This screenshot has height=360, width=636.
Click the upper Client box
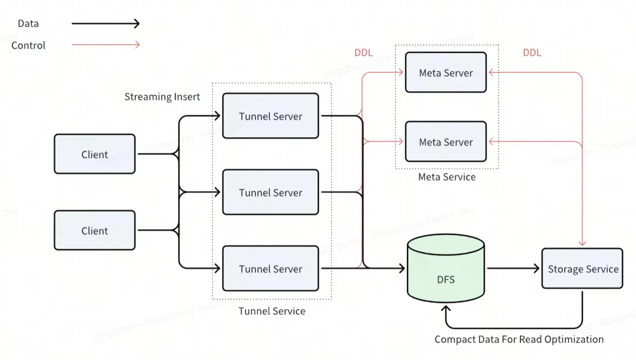[x=94, y=154]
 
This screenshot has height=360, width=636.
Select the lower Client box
[x=94, y=230]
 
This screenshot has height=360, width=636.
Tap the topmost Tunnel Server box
[x=270, y=116]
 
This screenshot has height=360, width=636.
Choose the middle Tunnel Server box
[x=270, y=192]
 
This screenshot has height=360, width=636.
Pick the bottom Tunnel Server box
[x=270, y=269]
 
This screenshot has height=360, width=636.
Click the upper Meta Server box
[x=446, y=72]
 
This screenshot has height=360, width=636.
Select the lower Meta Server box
[x=446, y=141]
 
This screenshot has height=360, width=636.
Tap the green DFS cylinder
[x=446, y=271]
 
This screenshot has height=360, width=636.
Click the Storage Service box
[x=582, y=269]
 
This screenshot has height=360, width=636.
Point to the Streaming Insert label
[x=162, y=97]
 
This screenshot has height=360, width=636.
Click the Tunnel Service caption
[x=271, y=311]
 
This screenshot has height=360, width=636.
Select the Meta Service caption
[x=446, y=177]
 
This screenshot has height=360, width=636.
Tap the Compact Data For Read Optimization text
[x=519, y=339]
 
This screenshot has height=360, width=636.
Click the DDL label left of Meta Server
[x=363, y=52]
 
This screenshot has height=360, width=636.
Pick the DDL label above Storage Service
[x=532, y=52]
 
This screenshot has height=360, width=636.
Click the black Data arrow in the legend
[x=105, y=24]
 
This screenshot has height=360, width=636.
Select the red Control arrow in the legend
[x=105, y=45]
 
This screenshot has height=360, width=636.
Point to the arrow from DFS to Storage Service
[x=513, y=269]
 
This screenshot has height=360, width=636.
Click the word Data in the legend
[x=28, y=24]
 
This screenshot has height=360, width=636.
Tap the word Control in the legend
[x=28, y=45]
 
